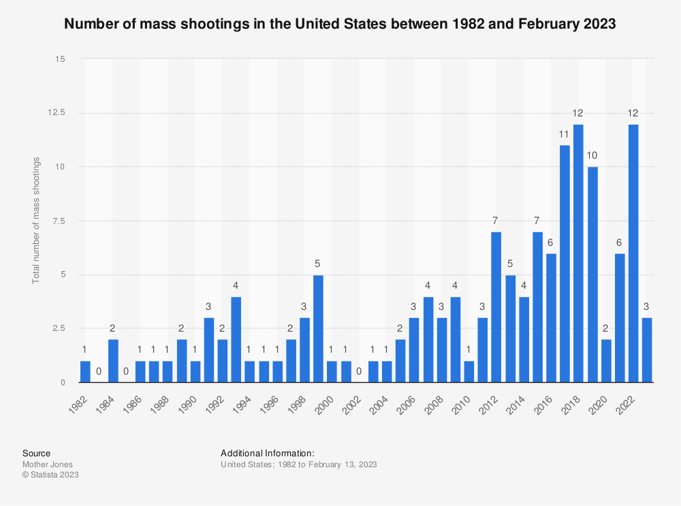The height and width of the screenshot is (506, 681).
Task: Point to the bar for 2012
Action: point(496,307)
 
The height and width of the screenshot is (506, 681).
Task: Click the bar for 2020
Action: point(606,361)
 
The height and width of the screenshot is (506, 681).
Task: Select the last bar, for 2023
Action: point(647,350)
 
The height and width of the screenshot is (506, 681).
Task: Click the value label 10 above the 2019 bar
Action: point(592,155)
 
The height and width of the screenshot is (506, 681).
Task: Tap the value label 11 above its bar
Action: point(565,133)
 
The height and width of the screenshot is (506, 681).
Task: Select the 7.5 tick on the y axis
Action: point(58,221)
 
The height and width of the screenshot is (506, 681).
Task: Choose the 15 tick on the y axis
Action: point(60,59)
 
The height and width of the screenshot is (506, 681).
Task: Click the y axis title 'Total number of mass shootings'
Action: point(36,221)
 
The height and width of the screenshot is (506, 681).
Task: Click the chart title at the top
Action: point(340,24)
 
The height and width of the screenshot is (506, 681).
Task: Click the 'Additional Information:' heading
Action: point(267,453)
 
